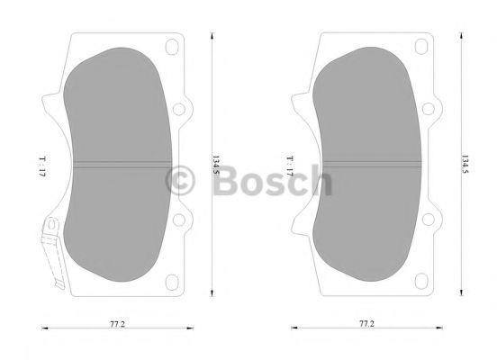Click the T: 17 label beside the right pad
point(290,165)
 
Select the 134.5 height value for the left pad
point(216,165)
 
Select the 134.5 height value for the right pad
point(465,165)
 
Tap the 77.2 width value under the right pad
point(366,321)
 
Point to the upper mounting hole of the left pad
point(178,110)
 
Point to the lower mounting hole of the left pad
point(178,220)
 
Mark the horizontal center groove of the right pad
point(368,165)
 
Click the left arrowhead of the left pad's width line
point(44,329)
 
